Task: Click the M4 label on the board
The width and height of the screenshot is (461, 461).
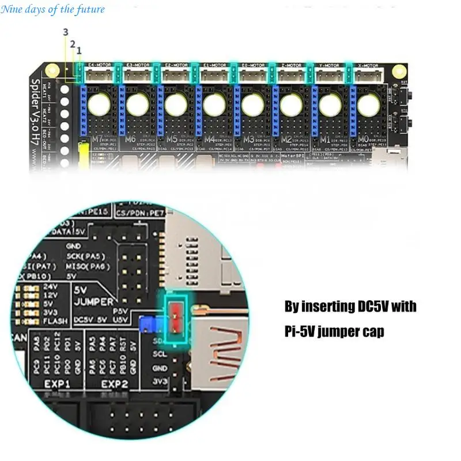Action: click(x=209, y=139)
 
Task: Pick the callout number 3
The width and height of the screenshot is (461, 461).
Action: click(x=66, y=31)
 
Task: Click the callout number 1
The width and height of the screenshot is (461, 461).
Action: click(x=79, y=50)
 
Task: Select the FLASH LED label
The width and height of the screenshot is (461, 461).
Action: click(x=55, y=320)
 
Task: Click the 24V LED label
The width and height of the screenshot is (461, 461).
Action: click(x=51, y=286)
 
